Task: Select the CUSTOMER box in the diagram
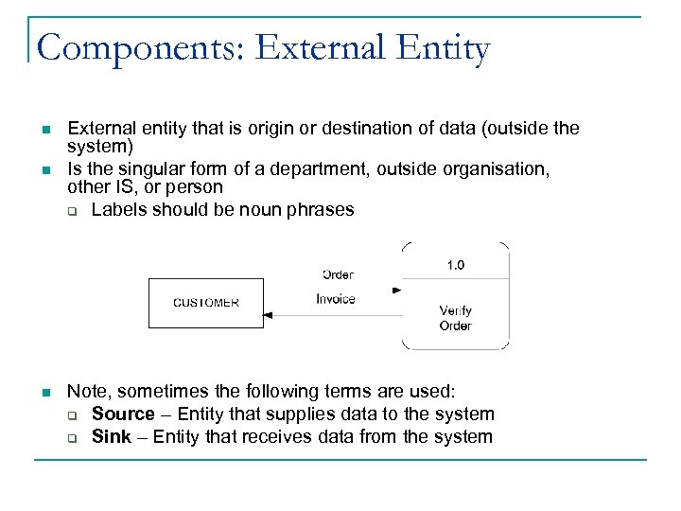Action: [x=206, y=303]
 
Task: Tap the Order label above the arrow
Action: [x=338, y=274]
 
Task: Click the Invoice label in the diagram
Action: [x=336, y=299]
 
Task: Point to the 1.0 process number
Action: [x=456, y=265]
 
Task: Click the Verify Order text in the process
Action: [x=456, y=318]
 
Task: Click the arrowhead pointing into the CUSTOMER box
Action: [x=268, y=315]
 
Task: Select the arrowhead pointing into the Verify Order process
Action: [x=396, y=291]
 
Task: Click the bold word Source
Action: [x=123, y=414]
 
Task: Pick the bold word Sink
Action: [x=109, y=436]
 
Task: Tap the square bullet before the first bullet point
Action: [x=44, y=129]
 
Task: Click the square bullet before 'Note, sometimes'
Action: [x=44, y=392]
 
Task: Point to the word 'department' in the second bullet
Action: [x=322, y=169]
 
